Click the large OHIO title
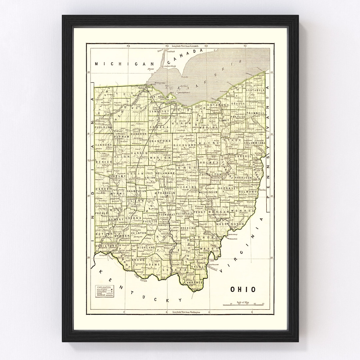coord(243,289)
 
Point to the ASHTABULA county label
coord(255,90)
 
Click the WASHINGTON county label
coord(230,224)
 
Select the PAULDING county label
coord(104,127)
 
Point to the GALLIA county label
coord(199,267)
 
